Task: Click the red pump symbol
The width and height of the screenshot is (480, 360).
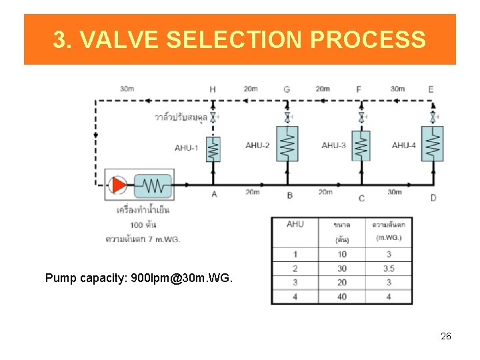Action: (x=119, y=184)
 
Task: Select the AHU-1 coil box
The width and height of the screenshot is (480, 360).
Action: (x=213, y=149)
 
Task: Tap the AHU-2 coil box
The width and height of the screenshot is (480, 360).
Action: (x=287, y=144)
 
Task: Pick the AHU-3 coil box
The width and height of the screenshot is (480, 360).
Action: (x=361, y=145)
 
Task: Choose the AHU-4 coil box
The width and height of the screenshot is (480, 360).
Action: (x=433, y=144)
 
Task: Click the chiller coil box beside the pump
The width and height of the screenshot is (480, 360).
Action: (x=153, y=185)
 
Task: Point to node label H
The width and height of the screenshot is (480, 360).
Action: (x=212, y=89)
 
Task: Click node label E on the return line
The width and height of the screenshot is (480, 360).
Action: (x=431, y=89)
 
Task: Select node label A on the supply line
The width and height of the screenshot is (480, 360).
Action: (x=214, y=195)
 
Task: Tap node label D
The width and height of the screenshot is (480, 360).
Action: (x=433, y=197)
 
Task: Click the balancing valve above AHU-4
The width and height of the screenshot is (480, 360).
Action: (x=433, y=117)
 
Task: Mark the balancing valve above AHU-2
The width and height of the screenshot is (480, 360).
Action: (x=287, y=117)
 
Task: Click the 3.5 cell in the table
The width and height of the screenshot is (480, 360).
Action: (x=389, y=269)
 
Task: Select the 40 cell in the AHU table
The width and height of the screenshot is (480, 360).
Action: (x=342, y=297)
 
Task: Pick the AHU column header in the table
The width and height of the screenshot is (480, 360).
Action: (x=295, y=224)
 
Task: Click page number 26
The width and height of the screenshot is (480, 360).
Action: (x=446, y=336)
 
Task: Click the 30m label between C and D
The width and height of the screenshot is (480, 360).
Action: (x=395, y=192)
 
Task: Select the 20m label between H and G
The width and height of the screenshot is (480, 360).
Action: (x=251, y=89)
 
